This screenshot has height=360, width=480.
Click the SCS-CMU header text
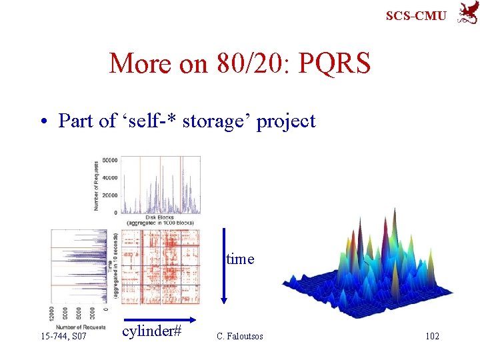click(417, 15)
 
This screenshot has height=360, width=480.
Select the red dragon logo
click(466, 13)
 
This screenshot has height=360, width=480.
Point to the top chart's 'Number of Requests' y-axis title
click(96, 185)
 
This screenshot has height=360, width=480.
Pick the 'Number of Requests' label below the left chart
click(79, 326)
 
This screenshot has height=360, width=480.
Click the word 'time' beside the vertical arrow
click(240, 259)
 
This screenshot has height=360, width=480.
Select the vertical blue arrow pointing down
click(224, 267)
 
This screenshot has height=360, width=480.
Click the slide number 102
click(432, 336)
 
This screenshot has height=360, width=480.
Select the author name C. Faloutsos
click(240, 336)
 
